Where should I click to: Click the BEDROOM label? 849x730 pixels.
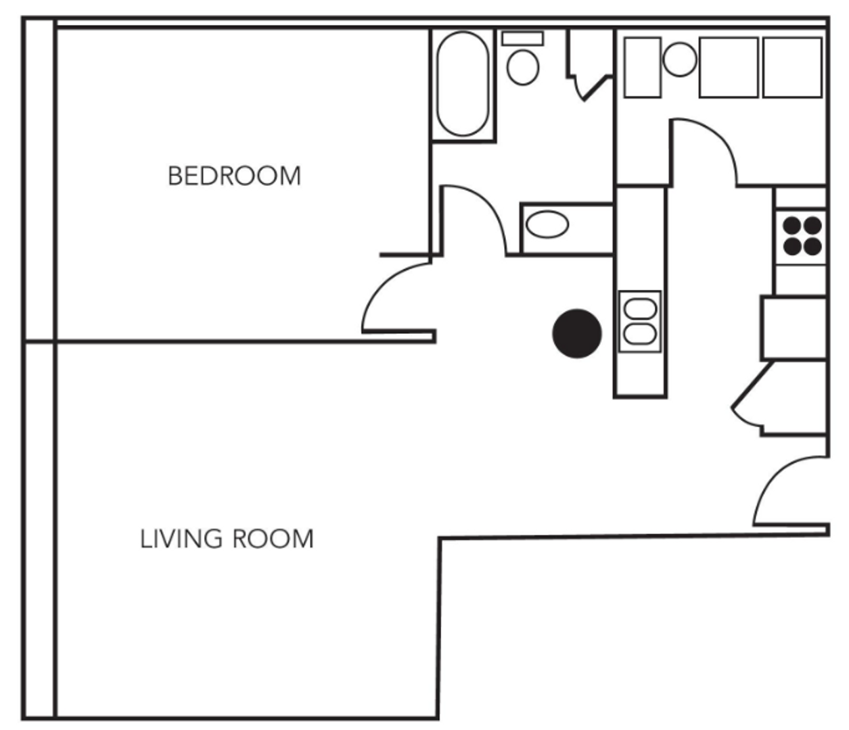[x=234, y=176]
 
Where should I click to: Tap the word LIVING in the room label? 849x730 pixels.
[x=181, y=539]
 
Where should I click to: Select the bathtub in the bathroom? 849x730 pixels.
[x=463, y=84]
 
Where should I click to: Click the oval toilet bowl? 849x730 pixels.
[x=522, y=67]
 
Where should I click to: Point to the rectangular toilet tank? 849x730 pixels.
[x=522, y=38]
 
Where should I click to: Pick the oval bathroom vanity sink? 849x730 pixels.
[x=547, y=224]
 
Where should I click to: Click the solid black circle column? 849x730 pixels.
[x=577, y=333]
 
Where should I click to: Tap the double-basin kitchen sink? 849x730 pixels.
[x=639, y=321]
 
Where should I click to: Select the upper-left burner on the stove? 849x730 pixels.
[x=792, y=225]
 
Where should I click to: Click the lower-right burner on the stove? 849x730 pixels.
[x=812, y=246]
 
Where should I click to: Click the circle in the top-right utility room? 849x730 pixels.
[x=679, y=59]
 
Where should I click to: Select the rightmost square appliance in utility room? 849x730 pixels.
[x=792, y=68]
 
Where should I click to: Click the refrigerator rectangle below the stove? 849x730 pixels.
[x=794, y=327]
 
